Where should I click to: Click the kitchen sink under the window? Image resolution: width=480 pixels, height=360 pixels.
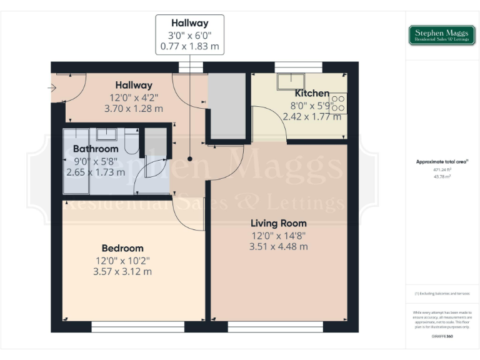[x=291, y=81]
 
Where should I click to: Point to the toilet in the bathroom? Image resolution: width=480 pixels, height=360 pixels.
[x=131, y=141]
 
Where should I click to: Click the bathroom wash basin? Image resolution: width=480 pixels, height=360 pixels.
[x=106, y=133]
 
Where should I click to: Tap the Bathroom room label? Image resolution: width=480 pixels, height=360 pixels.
[x=96, y=149]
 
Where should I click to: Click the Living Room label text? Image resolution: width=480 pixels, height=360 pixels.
[x=279, y=223]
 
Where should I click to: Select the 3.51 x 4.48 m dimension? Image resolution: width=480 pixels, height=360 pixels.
[x=279, y=246]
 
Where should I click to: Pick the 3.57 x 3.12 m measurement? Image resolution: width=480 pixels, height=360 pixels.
[x=123, y=271]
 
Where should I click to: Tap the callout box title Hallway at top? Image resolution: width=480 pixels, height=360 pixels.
[x=189, y=23]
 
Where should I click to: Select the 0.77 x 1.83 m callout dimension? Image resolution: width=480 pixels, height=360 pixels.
[x=189, y=46]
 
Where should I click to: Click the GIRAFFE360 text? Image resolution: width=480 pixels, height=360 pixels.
[x=442, y=337]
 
